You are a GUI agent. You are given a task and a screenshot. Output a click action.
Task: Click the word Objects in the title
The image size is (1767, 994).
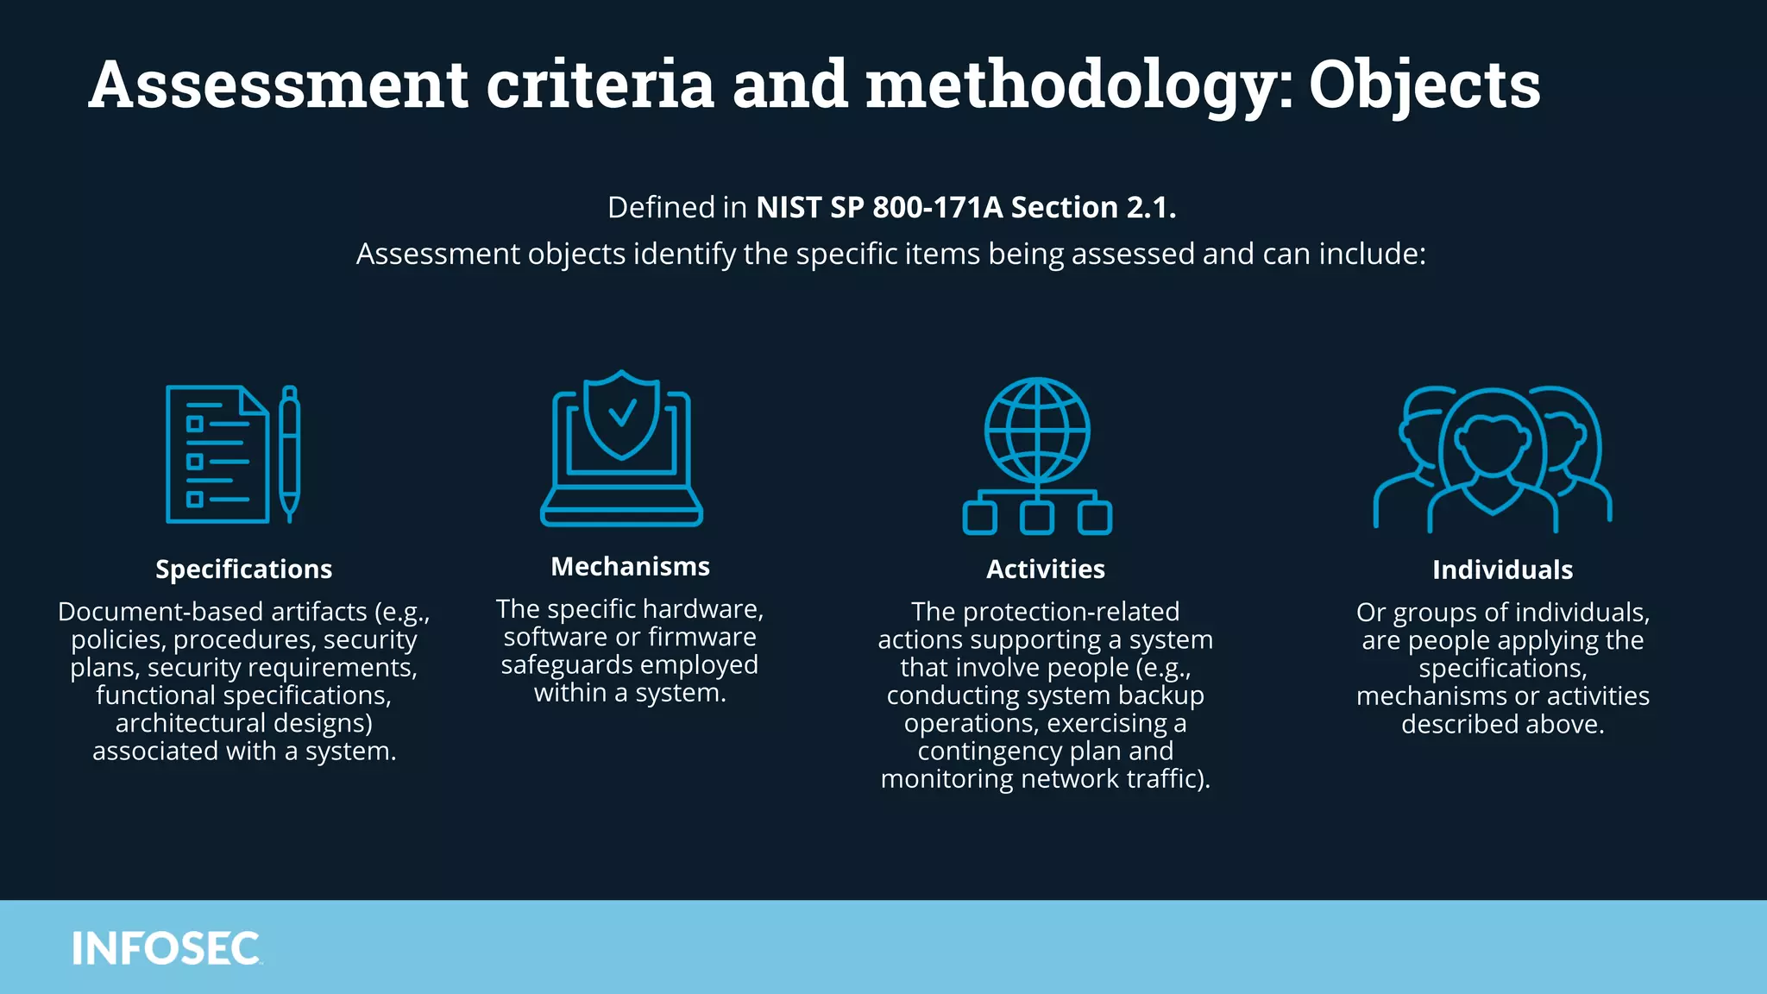coord(1424,85)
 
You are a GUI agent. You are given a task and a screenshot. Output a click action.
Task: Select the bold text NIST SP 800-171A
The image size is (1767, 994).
coord(879,208)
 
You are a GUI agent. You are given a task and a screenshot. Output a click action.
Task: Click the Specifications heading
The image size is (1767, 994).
coord(243,569)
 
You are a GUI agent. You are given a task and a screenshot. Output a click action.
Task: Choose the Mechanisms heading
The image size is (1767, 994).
coord(630,567)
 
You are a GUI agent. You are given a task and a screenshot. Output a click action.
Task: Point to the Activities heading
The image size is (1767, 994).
coord(1045,569)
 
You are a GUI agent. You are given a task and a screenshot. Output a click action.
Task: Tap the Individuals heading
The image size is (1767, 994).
coord(1502,570)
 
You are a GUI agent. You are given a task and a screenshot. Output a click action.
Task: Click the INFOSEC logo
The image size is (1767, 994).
coord(166,948)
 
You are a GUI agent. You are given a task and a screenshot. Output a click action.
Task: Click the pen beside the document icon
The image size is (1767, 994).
coord(290,453)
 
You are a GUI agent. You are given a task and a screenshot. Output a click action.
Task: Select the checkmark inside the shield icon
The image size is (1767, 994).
coord(622,413)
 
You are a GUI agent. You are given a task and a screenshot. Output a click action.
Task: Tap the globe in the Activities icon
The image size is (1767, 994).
coord(1037,430)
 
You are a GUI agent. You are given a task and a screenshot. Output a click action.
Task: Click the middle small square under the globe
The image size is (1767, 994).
coord(1037,519)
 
